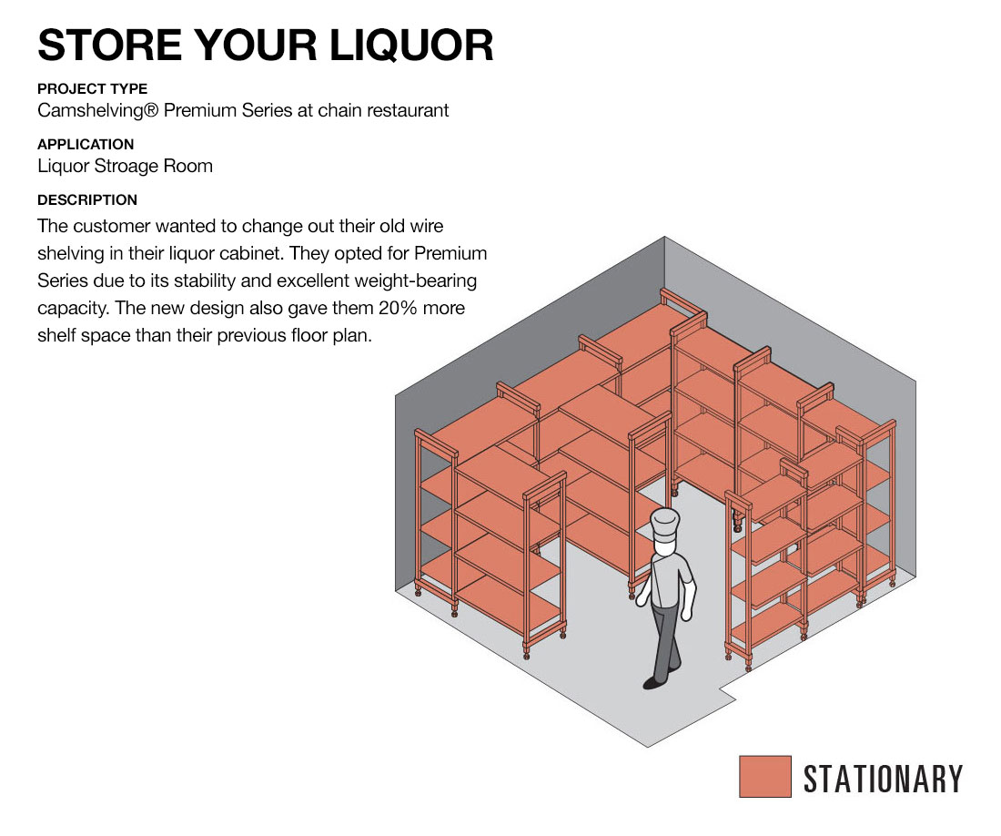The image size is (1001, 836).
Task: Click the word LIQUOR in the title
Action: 411,46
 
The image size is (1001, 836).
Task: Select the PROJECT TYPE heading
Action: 93,88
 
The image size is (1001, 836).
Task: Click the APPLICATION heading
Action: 86,144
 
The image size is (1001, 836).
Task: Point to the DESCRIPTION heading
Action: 87,200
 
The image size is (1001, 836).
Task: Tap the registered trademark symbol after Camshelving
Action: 151,110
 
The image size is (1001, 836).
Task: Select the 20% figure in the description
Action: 398,308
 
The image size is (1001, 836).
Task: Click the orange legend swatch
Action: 764,776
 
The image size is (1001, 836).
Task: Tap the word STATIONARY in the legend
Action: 883,779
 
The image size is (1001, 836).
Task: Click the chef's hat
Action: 665,525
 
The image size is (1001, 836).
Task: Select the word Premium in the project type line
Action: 200,110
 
